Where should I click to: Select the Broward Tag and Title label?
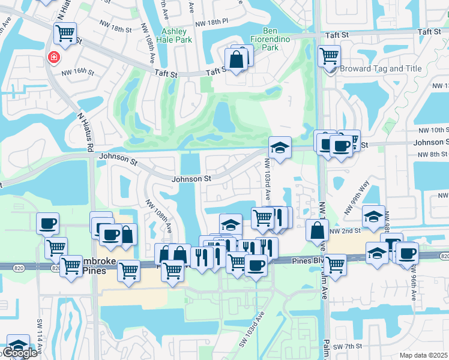[381, 68]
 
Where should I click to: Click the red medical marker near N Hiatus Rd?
[53, 57]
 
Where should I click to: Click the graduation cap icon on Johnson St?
[279, 147]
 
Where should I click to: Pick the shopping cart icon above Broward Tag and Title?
[329, 56]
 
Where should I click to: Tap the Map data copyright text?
[424, 355]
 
